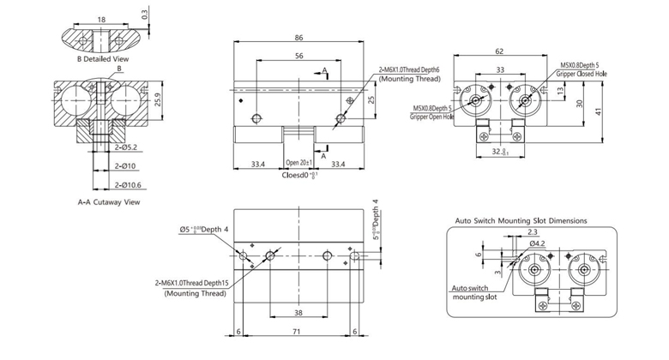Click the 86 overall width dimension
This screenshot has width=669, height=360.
298,39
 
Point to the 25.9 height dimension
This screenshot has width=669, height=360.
157,101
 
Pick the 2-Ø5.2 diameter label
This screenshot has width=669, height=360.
125,147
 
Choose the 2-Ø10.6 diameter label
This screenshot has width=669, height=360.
127,183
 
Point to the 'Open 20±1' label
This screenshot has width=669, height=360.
298,161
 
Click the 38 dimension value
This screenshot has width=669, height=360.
297,312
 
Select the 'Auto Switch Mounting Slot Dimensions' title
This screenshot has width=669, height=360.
521,219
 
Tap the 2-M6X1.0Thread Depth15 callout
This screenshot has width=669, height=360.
190,283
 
